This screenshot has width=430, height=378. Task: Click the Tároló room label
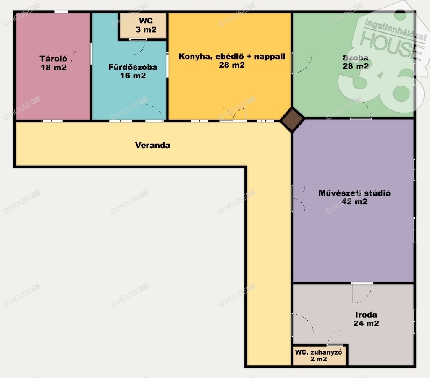coord(53,59)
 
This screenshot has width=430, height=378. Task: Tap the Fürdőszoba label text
coord(133,67)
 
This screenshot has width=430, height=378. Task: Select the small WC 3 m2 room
coord(143,26)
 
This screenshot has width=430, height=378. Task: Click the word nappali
coord(270,57)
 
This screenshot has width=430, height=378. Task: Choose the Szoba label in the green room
coord(356,57)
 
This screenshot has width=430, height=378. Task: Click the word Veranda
coord(153,145)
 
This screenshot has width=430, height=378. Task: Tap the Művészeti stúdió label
coord(354,193)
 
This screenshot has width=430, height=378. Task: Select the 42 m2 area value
coord(354,202)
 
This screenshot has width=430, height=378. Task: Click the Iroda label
coord(366,315)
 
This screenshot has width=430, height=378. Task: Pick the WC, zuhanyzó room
coord(320,355)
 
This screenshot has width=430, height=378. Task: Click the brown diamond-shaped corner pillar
coord(292,120)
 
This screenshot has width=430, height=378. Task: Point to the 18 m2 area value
coord(53,68)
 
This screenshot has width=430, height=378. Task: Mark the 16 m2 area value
coord(133,76)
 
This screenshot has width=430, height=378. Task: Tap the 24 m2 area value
coord(366,323)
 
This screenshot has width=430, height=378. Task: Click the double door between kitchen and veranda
coord(233,115)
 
